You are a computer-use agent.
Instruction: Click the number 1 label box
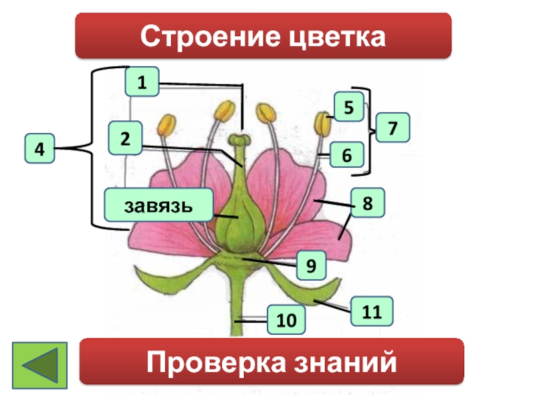pos(141,84)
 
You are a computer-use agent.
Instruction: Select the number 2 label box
pos(126,138)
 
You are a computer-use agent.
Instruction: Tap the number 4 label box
pos(40,150)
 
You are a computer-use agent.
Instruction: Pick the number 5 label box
pos(349,107)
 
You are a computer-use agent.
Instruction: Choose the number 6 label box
pos(347,155)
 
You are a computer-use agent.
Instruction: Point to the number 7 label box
pos(393,127)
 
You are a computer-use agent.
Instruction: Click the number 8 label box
pos(367,201)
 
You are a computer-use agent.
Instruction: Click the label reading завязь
pos(158,205)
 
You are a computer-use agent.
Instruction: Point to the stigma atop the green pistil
pos(239,140)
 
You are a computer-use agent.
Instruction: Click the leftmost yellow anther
pos(167,123)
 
